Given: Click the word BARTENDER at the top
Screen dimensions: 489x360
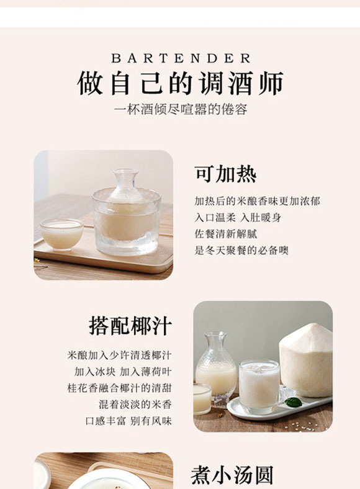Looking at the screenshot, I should (181, 58).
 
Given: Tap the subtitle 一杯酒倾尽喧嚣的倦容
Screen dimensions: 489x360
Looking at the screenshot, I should (181, 110).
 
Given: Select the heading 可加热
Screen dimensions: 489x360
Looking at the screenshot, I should (225, 174).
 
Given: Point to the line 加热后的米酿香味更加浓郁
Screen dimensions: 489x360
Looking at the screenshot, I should (257, 202).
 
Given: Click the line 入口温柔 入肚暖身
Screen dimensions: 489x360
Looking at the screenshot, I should (238, 218).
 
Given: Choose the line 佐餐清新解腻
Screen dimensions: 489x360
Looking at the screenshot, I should (225, 234).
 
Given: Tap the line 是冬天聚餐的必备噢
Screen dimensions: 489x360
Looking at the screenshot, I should (241, 250).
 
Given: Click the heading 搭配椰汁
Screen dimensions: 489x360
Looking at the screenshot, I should (130, 326).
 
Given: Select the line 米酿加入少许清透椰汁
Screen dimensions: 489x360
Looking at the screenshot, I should (119, 356).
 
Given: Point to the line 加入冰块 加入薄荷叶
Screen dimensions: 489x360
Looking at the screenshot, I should (123, 372).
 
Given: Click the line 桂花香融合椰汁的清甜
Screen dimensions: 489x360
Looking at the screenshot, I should (119, 388).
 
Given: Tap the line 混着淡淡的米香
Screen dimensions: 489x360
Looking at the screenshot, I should (135, 404).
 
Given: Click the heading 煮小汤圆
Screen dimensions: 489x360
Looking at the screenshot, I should (232, 475).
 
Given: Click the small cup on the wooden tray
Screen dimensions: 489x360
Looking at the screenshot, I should (61, 233).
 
